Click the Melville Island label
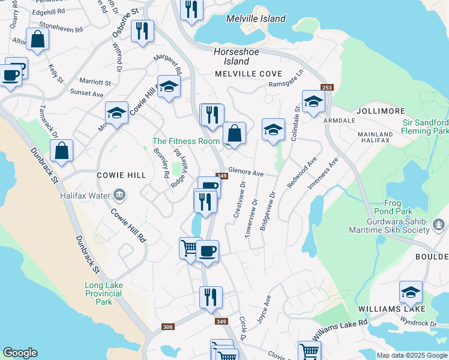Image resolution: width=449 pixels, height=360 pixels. coord(256,19)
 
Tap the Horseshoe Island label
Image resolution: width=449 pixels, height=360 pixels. coord(237,56)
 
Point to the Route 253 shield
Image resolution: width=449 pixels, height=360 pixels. coord(327,88)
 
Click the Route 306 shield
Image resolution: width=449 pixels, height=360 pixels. coord(168,327)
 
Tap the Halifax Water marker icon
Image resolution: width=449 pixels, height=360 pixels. coord(119,194)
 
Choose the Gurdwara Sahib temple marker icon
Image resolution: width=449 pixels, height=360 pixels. coord(438,225)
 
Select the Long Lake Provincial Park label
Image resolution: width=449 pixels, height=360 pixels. coord(103,293)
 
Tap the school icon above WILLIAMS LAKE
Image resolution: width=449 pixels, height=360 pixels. coord(411,292)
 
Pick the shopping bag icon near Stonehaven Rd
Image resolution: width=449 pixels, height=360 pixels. coord(37,40)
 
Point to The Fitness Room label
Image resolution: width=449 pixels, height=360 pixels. coord(185,141)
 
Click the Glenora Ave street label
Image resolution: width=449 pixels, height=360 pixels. coord(246,173)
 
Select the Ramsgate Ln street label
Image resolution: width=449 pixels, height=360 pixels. coord(287,81)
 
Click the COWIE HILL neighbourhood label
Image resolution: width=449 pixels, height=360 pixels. coord(121,175)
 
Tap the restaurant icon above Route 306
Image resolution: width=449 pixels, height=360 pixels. coord(211,297)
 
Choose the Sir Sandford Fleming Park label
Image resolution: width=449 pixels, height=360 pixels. coord(425,126)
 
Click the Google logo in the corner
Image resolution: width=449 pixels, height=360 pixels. coord(20,353)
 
